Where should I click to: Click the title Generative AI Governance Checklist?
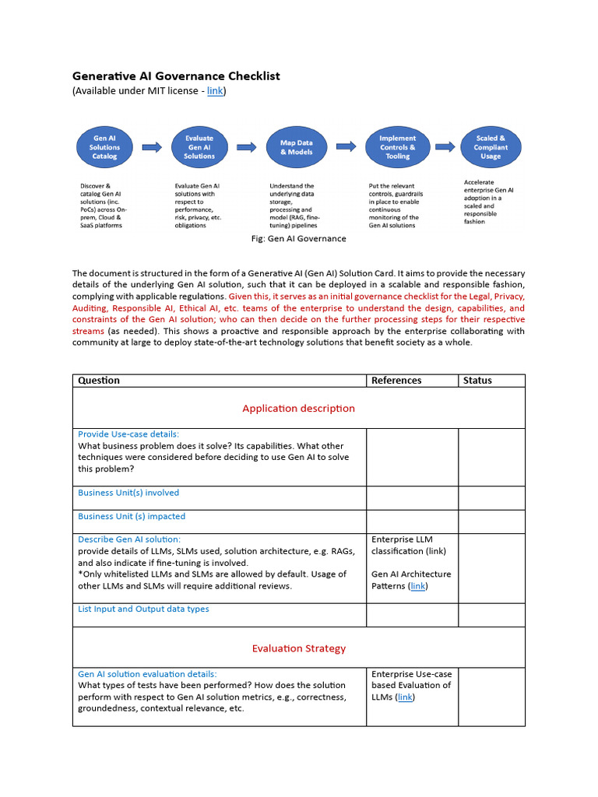176,76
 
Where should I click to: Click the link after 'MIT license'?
215,91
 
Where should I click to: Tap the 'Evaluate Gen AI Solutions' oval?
199,147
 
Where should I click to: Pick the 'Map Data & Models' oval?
297,147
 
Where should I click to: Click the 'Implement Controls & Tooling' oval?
397,147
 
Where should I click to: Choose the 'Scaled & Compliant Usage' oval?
491,147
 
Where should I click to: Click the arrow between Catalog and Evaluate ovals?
152,146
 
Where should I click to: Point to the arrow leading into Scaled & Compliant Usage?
445,146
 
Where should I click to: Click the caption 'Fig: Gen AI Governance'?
299,239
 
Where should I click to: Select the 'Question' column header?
99,381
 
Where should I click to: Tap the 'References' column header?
396,381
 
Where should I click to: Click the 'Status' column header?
477,381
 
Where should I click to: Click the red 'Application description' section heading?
298,409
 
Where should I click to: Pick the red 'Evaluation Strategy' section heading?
298,648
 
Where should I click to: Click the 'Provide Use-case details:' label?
128,434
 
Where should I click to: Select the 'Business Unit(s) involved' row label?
128,493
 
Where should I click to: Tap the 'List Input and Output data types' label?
143,609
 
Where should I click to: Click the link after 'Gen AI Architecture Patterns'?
418,586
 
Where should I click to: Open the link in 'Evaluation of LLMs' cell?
405,697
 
